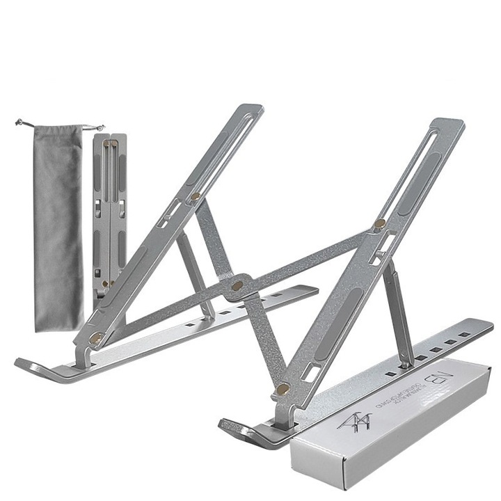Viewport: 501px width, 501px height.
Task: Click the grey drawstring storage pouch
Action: coord(58,223)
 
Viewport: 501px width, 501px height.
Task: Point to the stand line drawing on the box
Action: coord(354,421)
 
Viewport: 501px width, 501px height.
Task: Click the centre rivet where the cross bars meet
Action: coord(237,285)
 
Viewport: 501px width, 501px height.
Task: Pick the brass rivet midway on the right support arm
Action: coord(379,224)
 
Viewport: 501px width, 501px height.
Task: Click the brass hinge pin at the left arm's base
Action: coord(95,337)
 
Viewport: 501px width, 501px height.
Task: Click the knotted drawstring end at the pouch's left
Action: coord(19,124)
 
